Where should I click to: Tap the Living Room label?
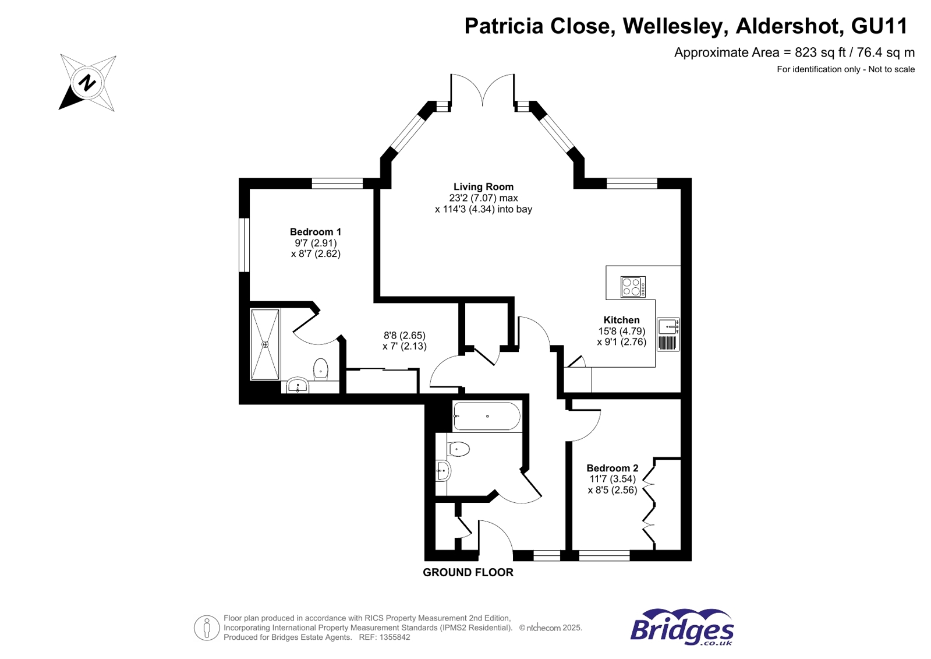483,186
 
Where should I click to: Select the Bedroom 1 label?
316,232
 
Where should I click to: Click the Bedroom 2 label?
612,468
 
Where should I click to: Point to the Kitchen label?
621,320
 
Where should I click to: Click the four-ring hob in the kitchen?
632,287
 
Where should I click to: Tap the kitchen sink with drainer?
668,334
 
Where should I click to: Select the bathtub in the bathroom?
487,416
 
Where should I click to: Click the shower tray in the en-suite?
265,344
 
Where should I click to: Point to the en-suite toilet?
320,369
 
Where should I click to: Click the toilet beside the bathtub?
459,449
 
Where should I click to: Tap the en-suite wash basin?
298,385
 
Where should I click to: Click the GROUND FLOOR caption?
468,572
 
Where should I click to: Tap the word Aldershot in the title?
788,26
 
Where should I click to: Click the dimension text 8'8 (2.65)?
404,336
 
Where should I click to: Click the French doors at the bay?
483,89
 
